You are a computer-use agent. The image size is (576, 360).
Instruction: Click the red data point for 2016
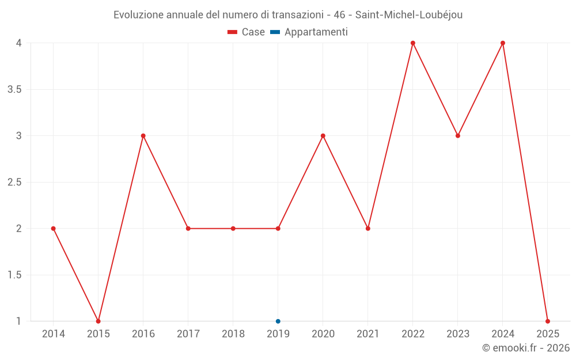[143, 136]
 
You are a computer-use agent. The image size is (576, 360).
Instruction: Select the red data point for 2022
[413, 43]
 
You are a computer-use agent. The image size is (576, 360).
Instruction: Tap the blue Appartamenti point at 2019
[278, 321]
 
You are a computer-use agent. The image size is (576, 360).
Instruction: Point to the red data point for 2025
[548, 321]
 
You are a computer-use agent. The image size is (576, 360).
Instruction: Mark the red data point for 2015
[98, 321]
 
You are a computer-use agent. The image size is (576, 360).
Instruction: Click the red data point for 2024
[503, 43]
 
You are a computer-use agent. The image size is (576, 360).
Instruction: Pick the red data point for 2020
[323, 136]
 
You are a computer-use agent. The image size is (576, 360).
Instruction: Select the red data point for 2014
[54, 229]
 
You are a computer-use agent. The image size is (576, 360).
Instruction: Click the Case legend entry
[247, 32]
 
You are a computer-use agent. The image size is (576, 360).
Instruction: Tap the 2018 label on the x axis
[233, 334]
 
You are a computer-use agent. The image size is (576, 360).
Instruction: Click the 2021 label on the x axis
[368, 334]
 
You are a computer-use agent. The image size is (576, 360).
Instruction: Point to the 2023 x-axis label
[458, 334]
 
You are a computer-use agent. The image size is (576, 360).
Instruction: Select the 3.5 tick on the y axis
[14, 89]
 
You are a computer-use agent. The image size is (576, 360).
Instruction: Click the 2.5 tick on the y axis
[14, 182]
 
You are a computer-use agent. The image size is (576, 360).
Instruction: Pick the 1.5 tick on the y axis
[14, 275]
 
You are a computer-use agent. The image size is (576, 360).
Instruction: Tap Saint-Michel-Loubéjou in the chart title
[408, 15]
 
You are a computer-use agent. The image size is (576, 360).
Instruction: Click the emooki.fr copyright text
[526, 348]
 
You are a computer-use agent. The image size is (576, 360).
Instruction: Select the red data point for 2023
[458, 136]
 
